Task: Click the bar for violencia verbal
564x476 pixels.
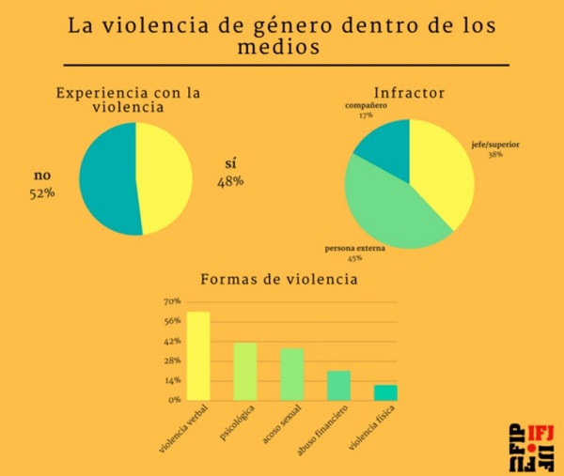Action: tap(198, 356)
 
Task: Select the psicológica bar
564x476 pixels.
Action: tap(245, 372)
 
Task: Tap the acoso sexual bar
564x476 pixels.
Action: tap(292, 375)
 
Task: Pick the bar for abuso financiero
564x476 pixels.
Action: tap(338, 385)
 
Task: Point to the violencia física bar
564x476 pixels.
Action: tap(385, 392)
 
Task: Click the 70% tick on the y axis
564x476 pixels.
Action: tap(172, 302)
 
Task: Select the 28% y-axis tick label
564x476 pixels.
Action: tap(172, 361)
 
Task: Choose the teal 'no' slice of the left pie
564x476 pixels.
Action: tap(105, 178)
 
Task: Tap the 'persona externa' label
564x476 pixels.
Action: tap(352, 249)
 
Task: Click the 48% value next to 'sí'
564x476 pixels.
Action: tap(229, 181)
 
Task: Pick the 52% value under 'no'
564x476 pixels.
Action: tap(42, 193)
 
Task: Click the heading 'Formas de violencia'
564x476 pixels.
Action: tap(280, 280)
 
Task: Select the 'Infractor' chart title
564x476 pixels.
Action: tap(409, 94)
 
